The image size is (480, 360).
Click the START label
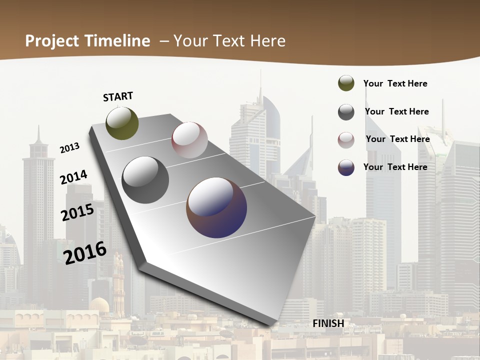118,96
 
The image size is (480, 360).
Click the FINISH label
328,323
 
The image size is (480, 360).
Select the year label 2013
69,147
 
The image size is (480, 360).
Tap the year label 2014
73,177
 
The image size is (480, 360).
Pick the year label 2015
77,212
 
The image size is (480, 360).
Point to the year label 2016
85,252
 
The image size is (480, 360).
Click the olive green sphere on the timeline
122,123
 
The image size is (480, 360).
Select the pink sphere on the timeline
189,140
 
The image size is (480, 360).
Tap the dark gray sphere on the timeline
145,180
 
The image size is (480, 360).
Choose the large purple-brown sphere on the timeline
216,207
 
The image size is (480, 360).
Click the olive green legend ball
346,83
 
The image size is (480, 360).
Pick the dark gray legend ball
346,112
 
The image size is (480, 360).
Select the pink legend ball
346,139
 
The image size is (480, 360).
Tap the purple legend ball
346,167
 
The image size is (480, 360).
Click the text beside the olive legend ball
395,83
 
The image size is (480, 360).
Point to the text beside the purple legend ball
395,167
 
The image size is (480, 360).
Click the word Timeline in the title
118,41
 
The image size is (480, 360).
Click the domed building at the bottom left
99,304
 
